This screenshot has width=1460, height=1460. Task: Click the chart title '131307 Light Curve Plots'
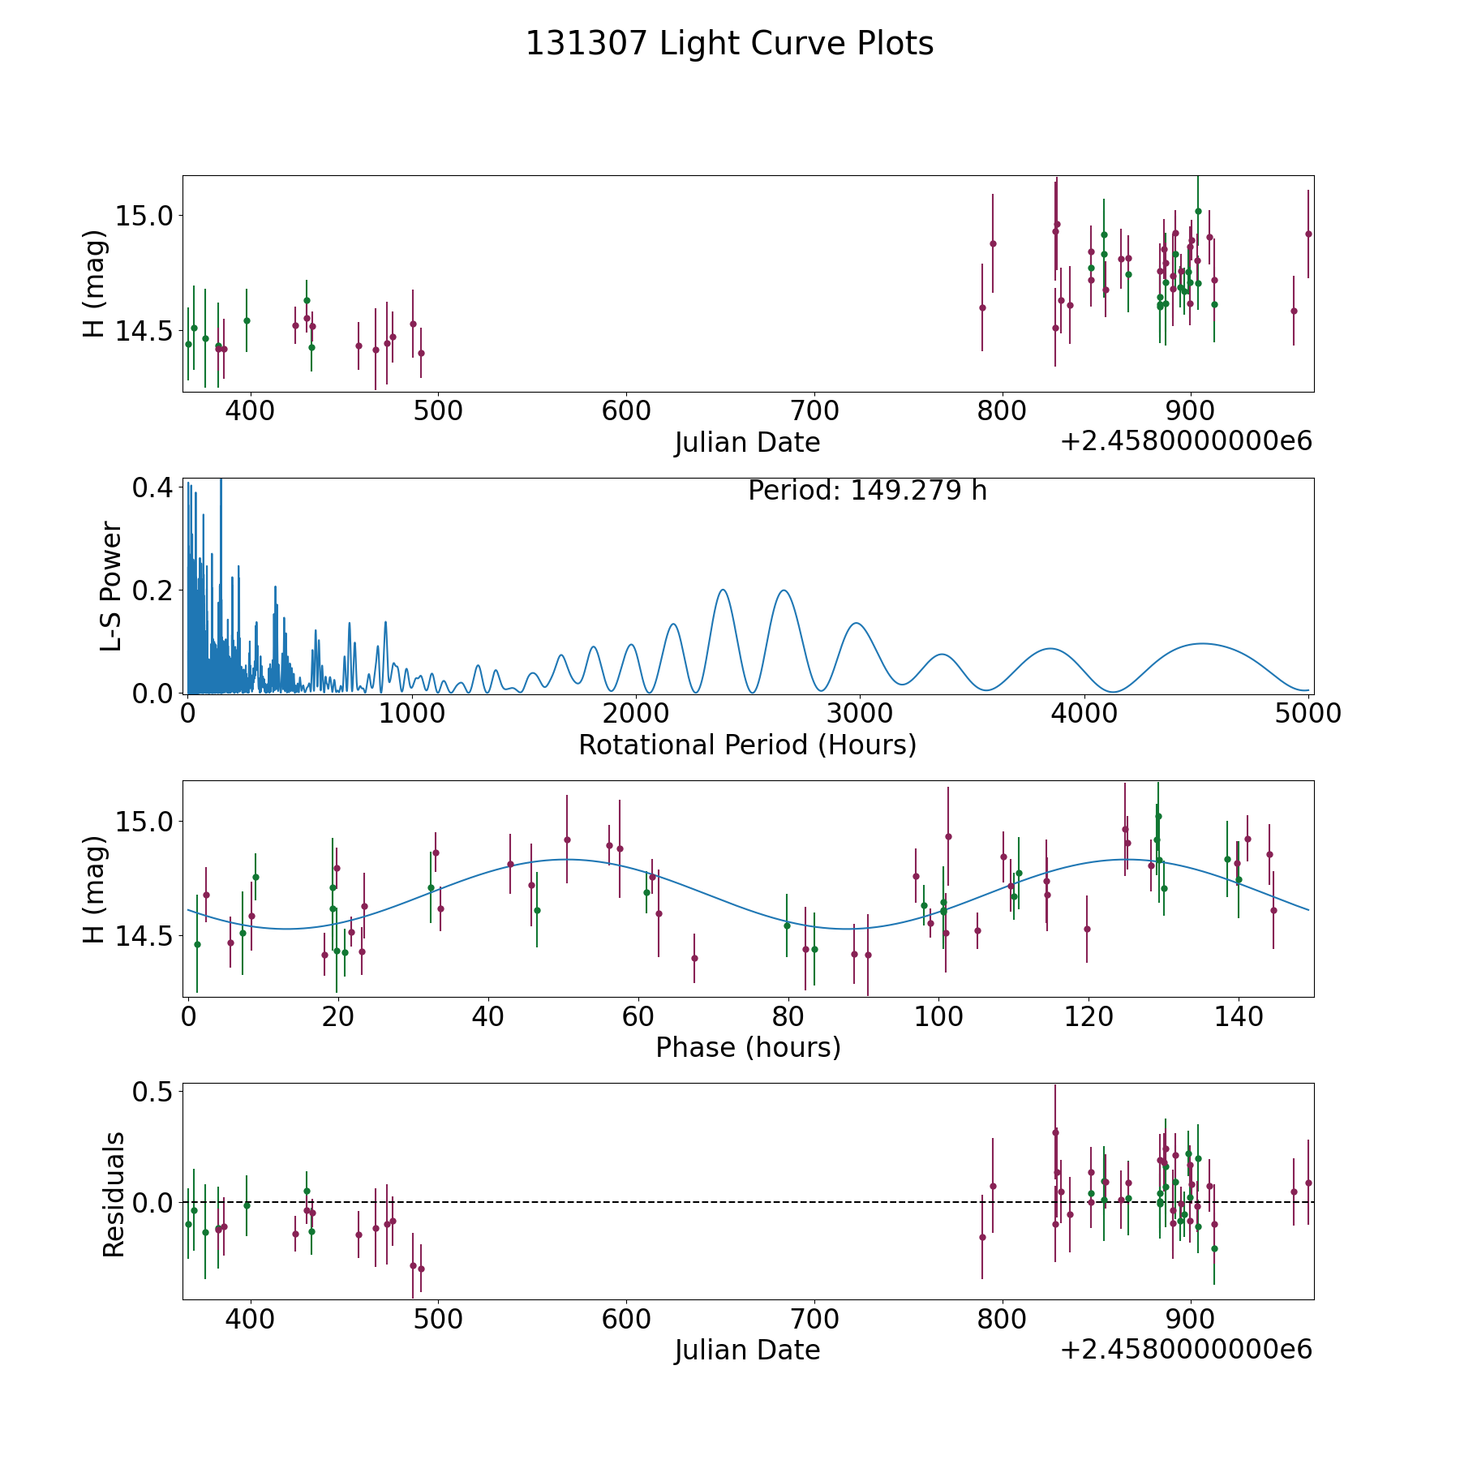coord(729,44)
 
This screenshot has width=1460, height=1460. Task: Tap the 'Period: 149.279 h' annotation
coord(867,491)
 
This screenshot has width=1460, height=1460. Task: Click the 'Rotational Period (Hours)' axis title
coord(747,745)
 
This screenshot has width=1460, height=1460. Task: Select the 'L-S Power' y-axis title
coord(111,586)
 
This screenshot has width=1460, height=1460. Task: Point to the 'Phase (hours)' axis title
coord(748,1048)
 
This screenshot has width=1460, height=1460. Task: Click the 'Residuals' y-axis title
coord(114,1194)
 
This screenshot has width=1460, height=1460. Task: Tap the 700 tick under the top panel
coord(814,411)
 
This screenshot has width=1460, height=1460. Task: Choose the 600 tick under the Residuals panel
coord(626,1318)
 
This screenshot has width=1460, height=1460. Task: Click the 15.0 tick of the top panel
coord(144,216)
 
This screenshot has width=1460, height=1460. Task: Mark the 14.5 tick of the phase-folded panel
coord(144,937)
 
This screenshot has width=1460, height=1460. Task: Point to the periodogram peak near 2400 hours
coord(723,590)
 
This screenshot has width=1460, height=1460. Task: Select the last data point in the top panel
coord(1308,234)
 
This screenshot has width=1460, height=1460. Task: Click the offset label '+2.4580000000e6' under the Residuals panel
coord(1186,1349)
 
